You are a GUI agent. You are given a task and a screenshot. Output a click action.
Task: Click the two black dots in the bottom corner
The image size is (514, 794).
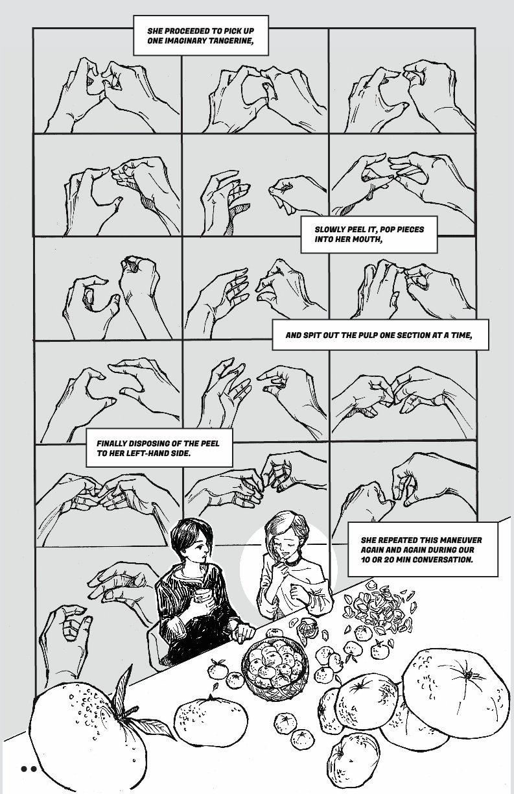(x=29, y=769)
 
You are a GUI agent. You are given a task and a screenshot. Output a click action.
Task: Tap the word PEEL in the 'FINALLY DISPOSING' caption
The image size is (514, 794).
(x=210, y=444)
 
